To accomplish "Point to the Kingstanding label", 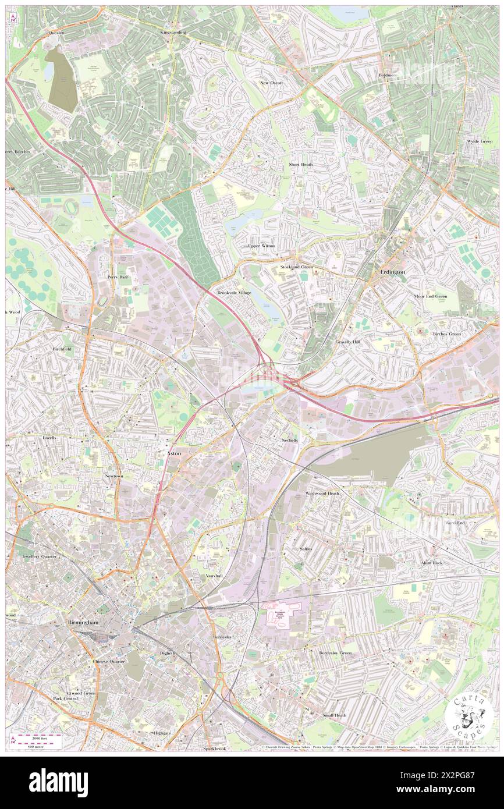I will click(173, 33).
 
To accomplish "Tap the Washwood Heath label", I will click(322, 493).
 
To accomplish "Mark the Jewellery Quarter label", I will click(40, 556).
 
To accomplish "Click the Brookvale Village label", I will click(234, 292).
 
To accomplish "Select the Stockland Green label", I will click(296, 267).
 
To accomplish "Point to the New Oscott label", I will click(271, 83).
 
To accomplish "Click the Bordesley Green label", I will click(335, 652).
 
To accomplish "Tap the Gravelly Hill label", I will click(347, 342).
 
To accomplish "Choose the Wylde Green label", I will click(479, 141).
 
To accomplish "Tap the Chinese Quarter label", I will click(109, 662).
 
